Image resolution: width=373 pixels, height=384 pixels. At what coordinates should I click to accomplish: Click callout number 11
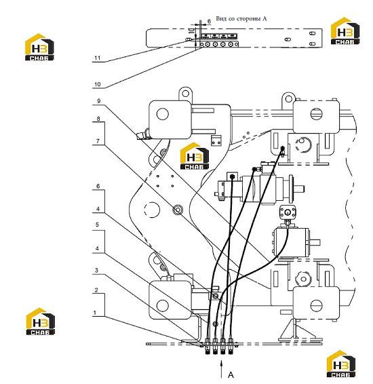98,58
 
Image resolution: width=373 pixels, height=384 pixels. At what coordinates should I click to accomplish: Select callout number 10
98,84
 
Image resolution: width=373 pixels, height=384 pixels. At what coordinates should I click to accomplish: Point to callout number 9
98,101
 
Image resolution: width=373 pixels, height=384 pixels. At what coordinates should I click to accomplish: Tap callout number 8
98,119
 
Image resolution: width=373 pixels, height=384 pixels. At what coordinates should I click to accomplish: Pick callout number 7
98,141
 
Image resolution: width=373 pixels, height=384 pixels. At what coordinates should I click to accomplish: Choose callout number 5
97,225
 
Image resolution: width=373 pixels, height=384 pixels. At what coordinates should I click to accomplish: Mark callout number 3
97,270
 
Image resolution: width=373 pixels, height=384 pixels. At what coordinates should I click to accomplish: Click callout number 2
96,290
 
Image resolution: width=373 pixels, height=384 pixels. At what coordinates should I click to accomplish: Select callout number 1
95,313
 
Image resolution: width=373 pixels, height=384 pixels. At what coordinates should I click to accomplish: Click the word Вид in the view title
221,18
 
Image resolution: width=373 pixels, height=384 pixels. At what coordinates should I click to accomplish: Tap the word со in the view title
231,19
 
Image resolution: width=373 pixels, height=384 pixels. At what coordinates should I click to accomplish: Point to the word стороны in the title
249,19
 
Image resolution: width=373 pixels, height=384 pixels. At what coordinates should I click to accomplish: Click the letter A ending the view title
264,18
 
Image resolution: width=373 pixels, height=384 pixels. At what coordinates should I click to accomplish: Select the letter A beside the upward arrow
231,375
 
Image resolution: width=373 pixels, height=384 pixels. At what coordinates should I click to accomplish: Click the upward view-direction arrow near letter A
222,369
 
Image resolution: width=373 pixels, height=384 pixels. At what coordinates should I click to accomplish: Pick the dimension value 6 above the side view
209,21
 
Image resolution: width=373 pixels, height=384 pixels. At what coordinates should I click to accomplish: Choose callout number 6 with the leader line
98,186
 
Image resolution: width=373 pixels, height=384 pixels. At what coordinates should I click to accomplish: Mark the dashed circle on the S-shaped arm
152,210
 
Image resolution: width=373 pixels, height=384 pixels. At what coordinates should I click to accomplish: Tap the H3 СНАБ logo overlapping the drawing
195,156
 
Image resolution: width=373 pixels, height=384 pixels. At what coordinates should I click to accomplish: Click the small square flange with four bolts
288,212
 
